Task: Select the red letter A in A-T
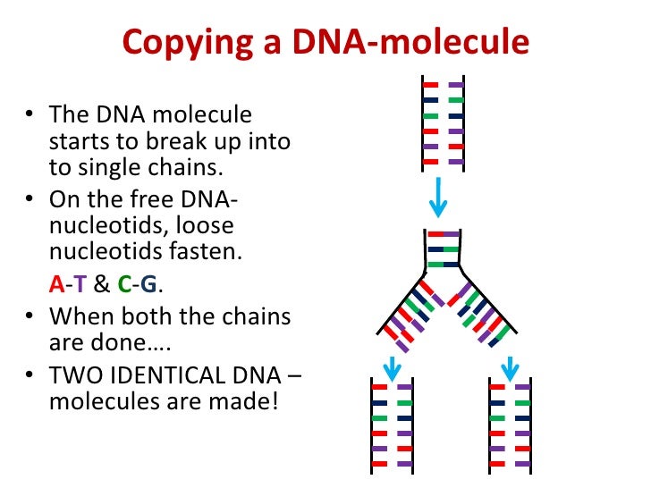56,284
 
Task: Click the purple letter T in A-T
79,284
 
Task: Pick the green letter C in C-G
125,284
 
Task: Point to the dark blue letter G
148,284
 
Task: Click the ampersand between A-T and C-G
102,284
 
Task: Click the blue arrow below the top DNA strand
437,198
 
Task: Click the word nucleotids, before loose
99,228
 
